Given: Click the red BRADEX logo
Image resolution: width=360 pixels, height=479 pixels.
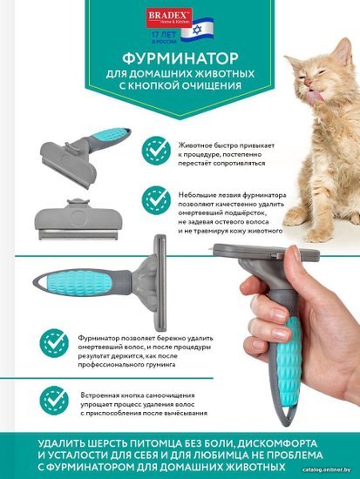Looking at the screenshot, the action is pos(169,17).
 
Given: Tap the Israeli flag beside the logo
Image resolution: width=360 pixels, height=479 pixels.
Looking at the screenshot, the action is pos(197,30).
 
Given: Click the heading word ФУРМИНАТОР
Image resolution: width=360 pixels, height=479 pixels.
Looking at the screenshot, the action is pos(180,58).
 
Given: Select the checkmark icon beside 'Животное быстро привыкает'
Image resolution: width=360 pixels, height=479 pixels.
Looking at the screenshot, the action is pos(156,151).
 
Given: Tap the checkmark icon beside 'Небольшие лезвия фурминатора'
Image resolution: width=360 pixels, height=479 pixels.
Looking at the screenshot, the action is pos(156,200).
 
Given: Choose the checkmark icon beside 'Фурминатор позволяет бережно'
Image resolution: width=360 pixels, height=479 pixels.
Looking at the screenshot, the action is pos(54,343).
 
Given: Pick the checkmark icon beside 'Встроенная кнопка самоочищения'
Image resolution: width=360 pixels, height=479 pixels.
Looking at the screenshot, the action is pos(54,401).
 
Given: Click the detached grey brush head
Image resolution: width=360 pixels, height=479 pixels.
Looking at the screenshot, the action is pos(78,219).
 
